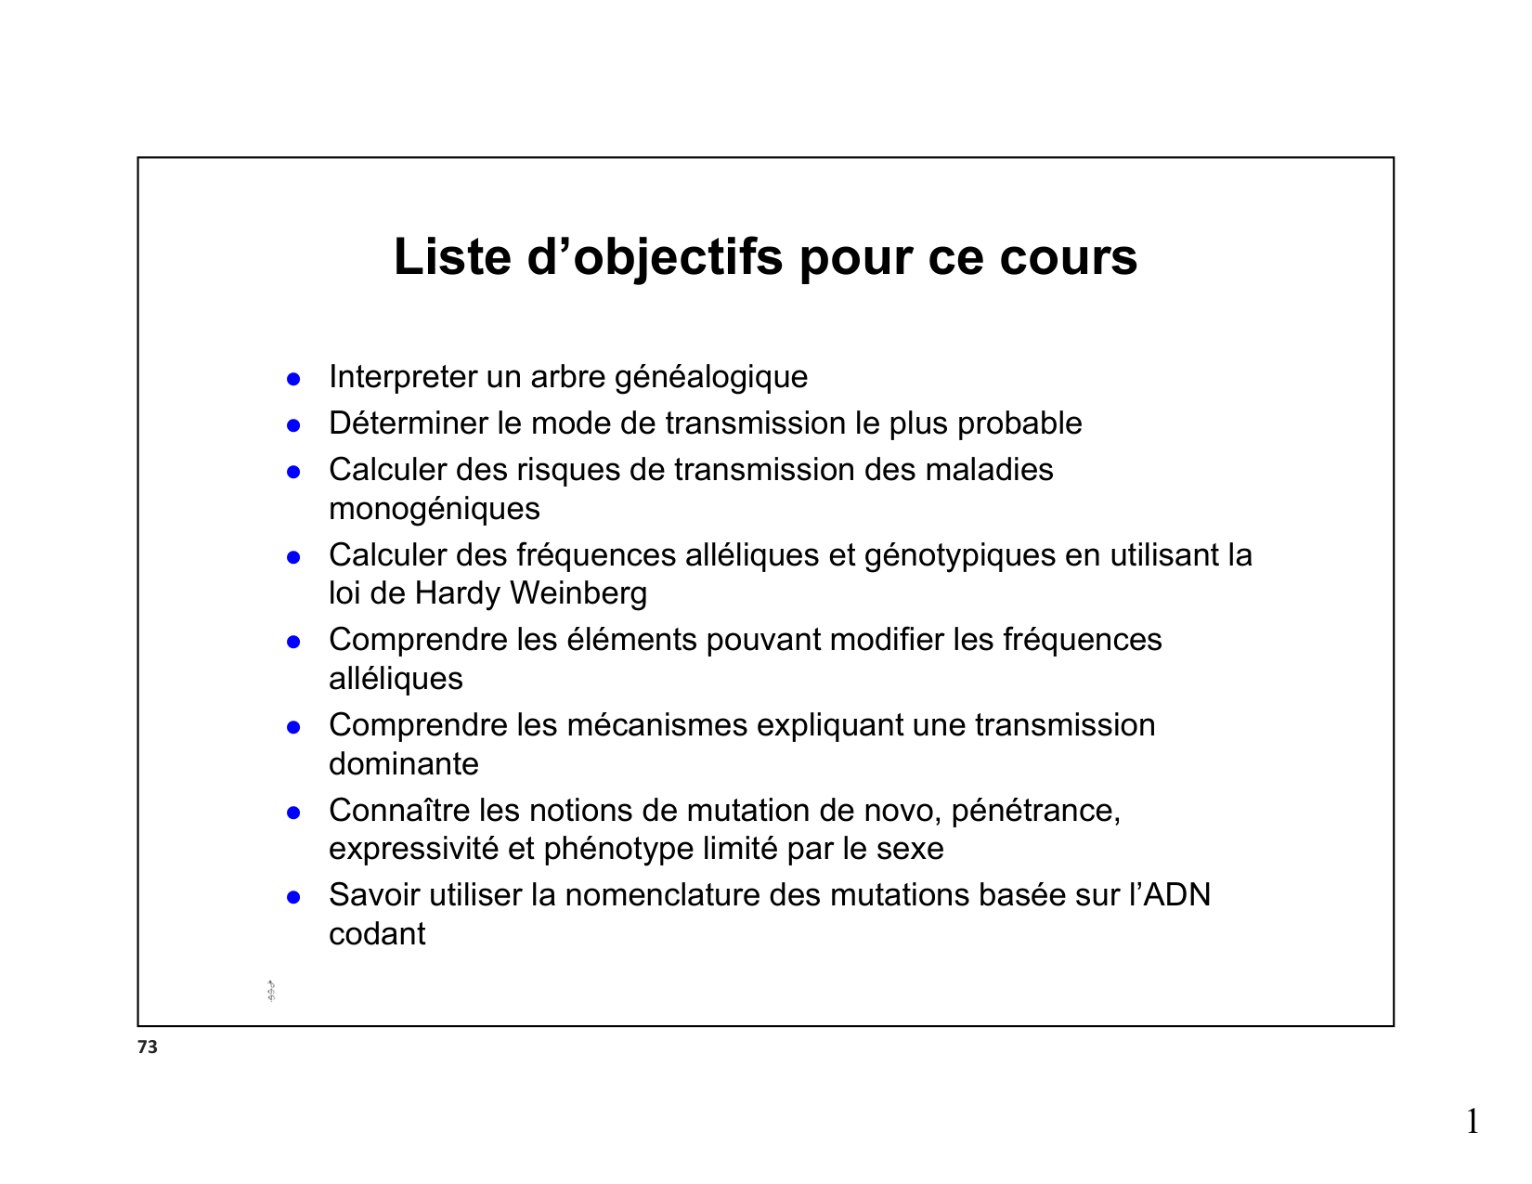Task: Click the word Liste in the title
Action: click(452, 257)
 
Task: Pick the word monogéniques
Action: click(434, 509)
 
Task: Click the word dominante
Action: click(404, 763)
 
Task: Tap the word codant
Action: click(377, 934)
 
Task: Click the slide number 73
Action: click(148, 1047)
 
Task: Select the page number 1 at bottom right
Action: click(1473, 1122)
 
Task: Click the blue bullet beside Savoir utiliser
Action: click(293, 898)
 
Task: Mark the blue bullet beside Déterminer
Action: click(293, 426)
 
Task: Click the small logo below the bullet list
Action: click(271, 992)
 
